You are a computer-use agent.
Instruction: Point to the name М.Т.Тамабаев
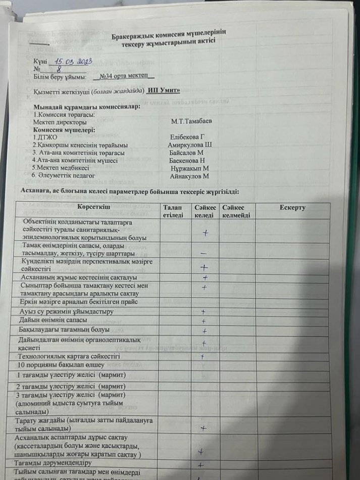click(x=191, y=122)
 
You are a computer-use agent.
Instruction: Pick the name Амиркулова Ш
click(x=189, y=145)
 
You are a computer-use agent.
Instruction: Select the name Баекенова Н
click(x=187, y=160)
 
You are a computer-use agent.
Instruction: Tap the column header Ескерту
click(x=292, y=207)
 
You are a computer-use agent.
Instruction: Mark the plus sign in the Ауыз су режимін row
click(x=203, y=312)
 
